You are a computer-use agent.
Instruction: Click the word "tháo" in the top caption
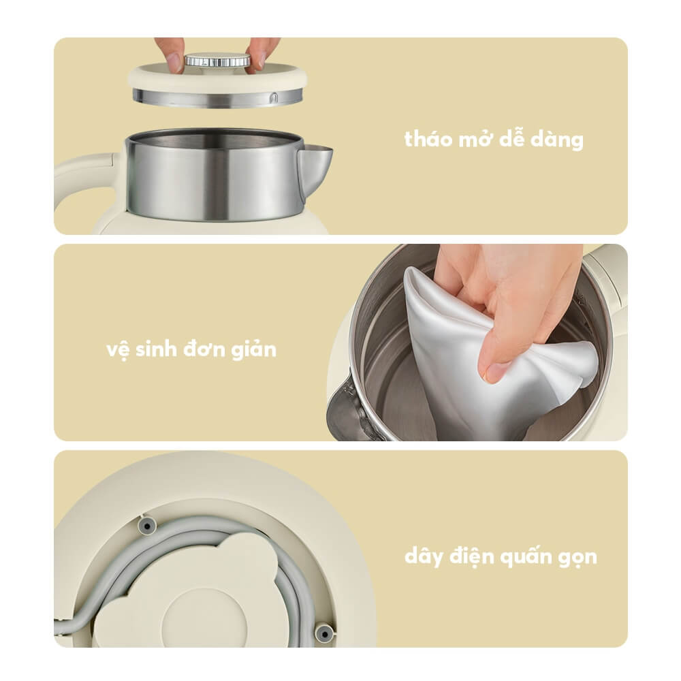(x=428, y=140)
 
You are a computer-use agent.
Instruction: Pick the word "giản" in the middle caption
(x=253, y=349)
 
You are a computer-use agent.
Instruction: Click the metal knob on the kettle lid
(x=217, y=60)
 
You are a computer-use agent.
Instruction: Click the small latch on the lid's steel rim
(x=273, y=98)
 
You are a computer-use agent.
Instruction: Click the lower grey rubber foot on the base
(x=324, y=633)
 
